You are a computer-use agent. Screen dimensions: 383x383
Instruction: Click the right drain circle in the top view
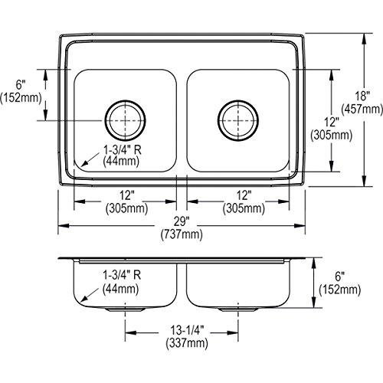point(237,118)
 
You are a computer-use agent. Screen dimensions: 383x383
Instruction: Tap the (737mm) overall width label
point(182,235)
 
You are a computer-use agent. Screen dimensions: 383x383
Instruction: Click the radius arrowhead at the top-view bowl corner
point(77,166)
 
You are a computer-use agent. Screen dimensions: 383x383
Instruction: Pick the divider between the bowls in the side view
point(182,283)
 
